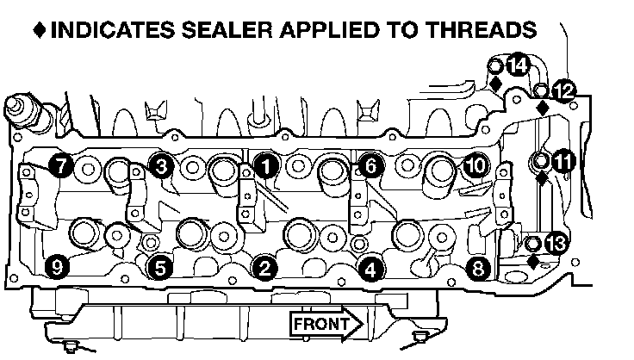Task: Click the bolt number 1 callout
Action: [266, 166]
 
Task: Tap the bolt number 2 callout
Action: [266, 268]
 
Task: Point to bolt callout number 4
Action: [370, 268]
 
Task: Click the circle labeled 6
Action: [369, 165]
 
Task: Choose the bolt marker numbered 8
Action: [479, 268]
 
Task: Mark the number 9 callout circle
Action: [57, 268]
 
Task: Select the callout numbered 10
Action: [475, 164]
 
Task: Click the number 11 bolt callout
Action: [563, 161]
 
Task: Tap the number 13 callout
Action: [557, 245]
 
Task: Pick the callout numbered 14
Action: [517, 65]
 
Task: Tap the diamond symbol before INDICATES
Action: [40, 30]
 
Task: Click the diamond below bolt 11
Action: [542, 180]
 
